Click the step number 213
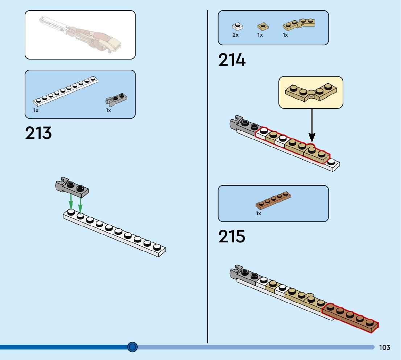tap(38, 133)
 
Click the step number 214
tap(232, 60)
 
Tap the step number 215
tap(232, 237)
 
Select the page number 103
tap(385, 348)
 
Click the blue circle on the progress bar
tap(133, 347)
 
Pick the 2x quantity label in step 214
tap(236, 35)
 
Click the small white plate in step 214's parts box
tap(237, 26)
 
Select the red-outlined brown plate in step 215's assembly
tap(350, 318)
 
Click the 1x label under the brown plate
tap(259, 214)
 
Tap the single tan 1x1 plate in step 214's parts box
tap(263, 26)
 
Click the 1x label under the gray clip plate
tap(108, 110)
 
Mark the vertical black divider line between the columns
tap(208, 174)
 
